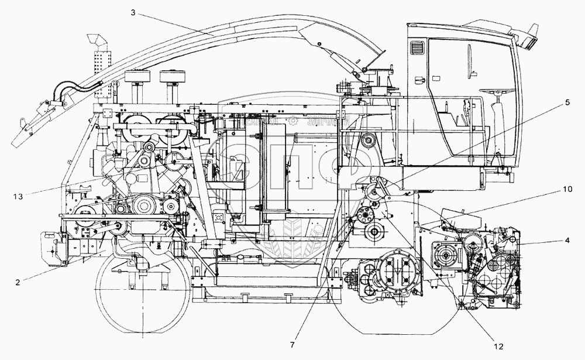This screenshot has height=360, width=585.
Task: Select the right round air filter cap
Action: coord(171,77)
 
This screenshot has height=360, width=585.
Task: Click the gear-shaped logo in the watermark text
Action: coord(293,122)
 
